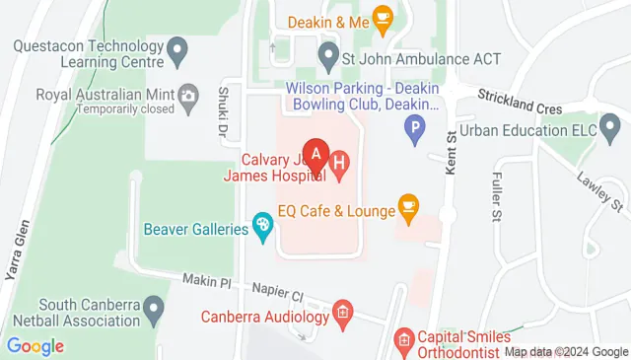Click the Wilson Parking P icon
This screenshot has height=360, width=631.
416,126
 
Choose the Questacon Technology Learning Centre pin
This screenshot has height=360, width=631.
177,46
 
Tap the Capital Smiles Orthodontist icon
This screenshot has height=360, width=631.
403,341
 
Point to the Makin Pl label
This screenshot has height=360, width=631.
206,282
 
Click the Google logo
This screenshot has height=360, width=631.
35,346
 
